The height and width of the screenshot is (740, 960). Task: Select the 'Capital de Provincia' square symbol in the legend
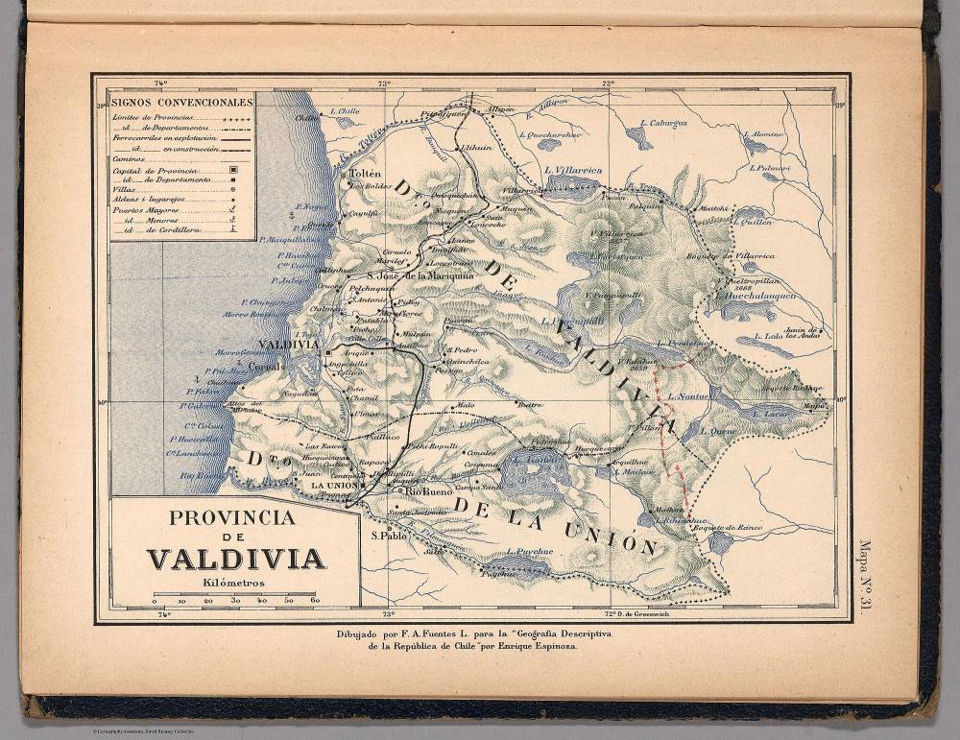pyautogui.click(x=232, y=170)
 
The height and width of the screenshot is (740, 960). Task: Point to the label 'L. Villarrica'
pyautogui.click(x=572, y=171)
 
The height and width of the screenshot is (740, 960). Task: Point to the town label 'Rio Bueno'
pyautogui.click(x=427, y=490)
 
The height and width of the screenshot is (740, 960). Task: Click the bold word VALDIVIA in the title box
pyautogui.click(x=235, y=559)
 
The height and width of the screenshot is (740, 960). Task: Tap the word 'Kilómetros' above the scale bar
pyautogui.click(x=234, y=582)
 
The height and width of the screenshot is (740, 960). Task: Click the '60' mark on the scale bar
pyautogui.click(x=314, y=600)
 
